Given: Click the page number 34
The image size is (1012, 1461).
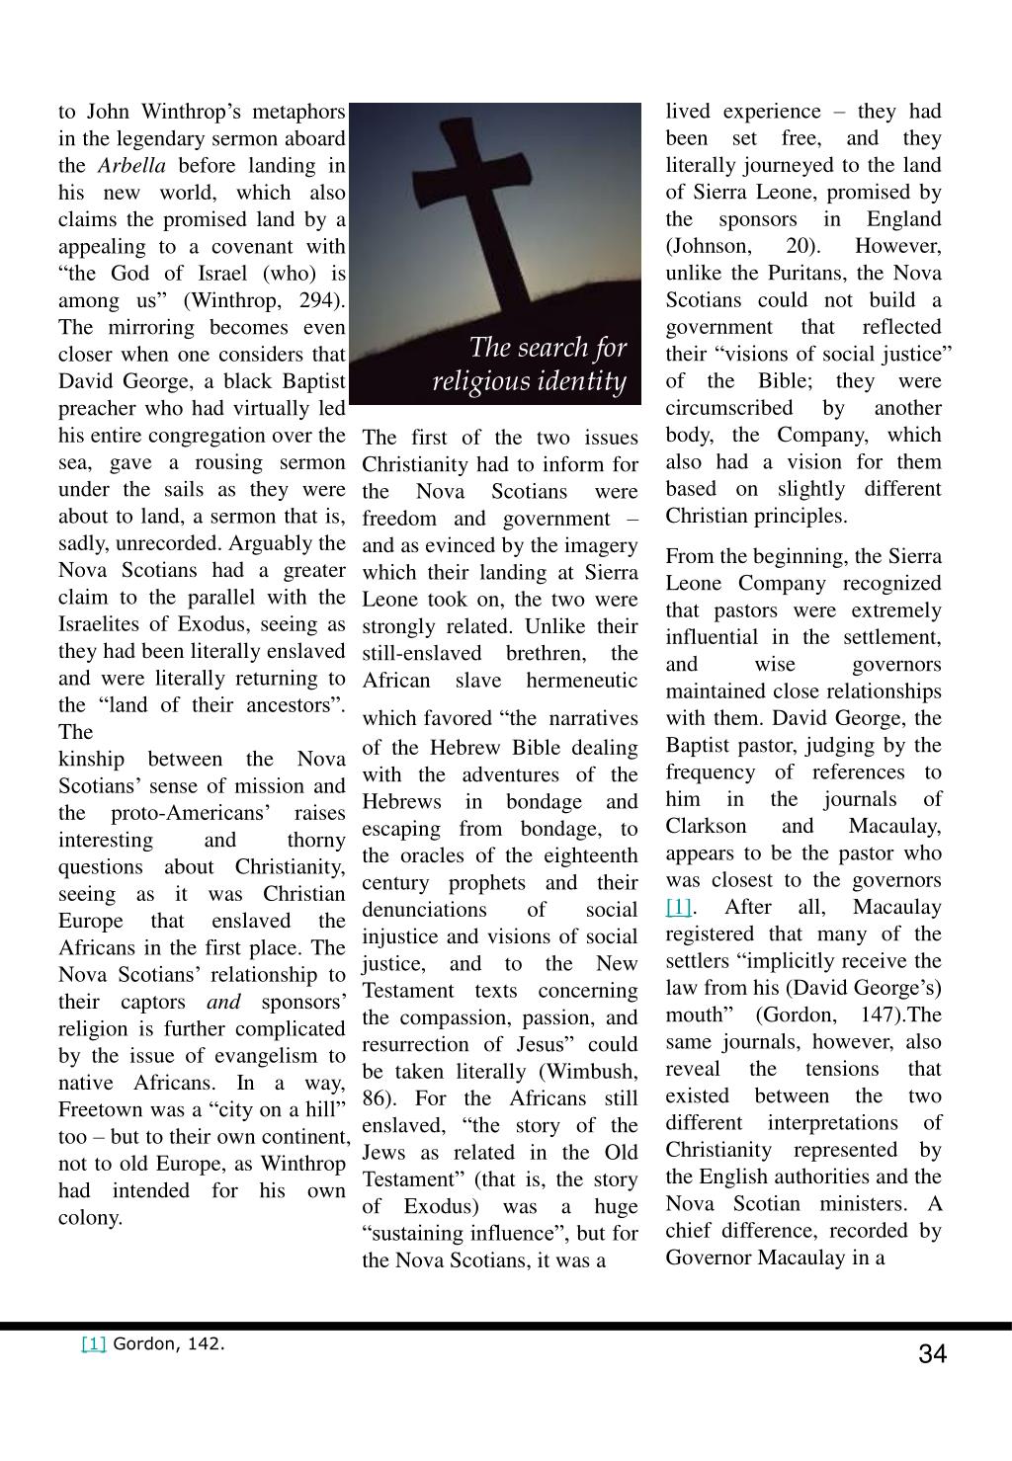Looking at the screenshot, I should pos(932,1354).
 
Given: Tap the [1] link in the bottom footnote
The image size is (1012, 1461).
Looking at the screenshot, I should pos(93,1343).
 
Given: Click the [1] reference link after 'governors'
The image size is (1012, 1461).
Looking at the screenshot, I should pos(679,907).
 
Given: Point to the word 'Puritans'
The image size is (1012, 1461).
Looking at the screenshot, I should pos(808,273).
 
